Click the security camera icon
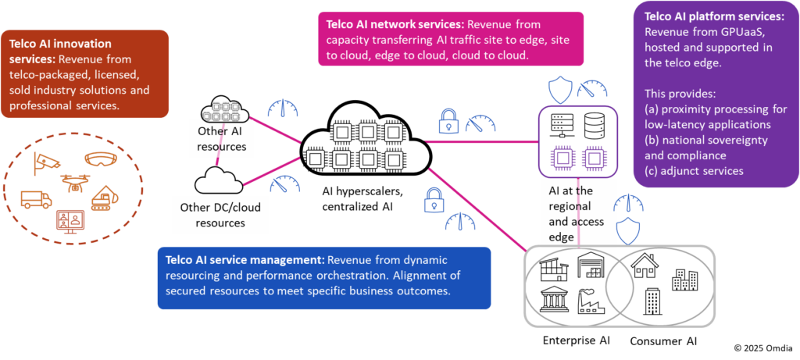(x=46, y=162)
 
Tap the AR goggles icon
(x=99, y=159)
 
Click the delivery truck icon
(x=36, y=199)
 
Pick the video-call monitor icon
(x=70, y=222)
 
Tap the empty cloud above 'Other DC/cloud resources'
(x=220, y=181)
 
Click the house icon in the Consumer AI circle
(x=644, y=266)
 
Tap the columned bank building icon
(x=554, y=299)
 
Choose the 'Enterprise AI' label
(x=576, y=340)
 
